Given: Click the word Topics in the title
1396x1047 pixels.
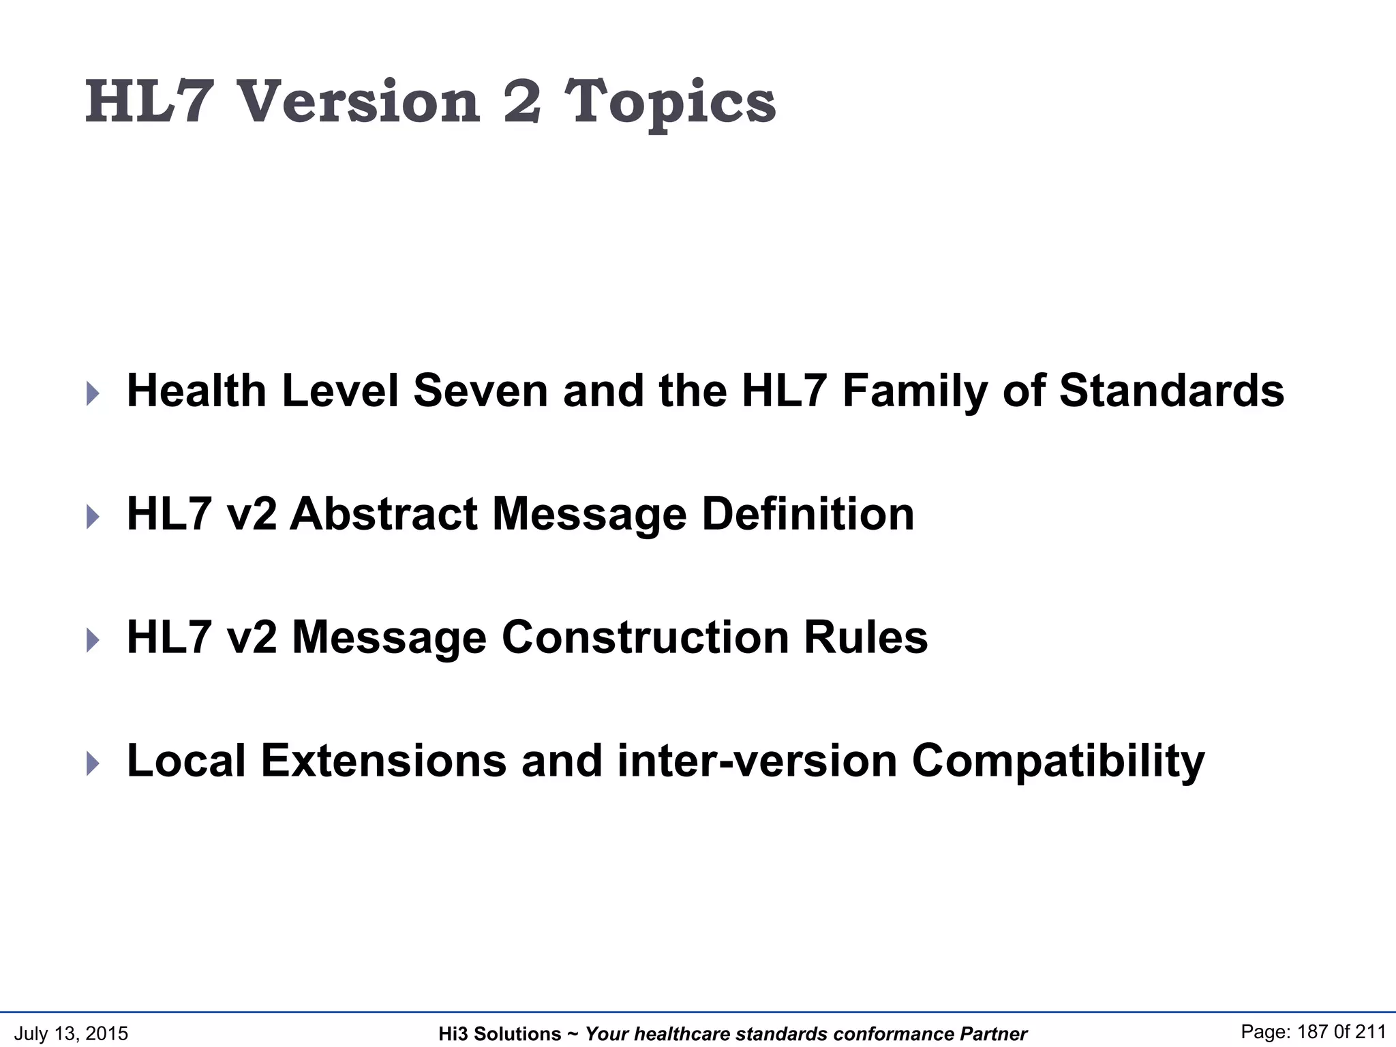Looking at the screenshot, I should click(x=671, y=104).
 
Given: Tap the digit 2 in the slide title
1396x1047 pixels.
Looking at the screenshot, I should click(x=523, y=102).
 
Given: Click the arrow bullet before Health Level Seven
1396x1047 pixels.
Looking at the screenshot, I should click(x=93, y=393).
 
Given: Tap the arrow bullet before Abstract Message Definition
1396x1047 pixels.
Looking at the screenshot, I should click(x=93, y=517).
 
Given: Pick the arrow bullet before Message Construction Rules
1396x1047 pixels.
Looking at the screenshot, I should click(x=93, y=640).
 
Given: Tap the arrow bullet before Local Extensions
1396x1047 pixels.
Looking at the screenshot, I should click(x=93, y=763).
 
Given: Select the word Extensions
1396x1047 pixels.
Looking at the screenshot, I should click(x=384, y=761).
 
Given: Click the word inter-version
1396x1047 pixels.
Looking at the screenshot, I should click(x=757, y=761).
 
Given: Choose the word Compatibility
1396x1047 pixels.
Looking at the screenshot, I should click(x=1059, y=762).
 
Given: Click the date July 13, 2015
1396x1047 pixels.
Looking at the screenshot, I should click(x=71, y=1033).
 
